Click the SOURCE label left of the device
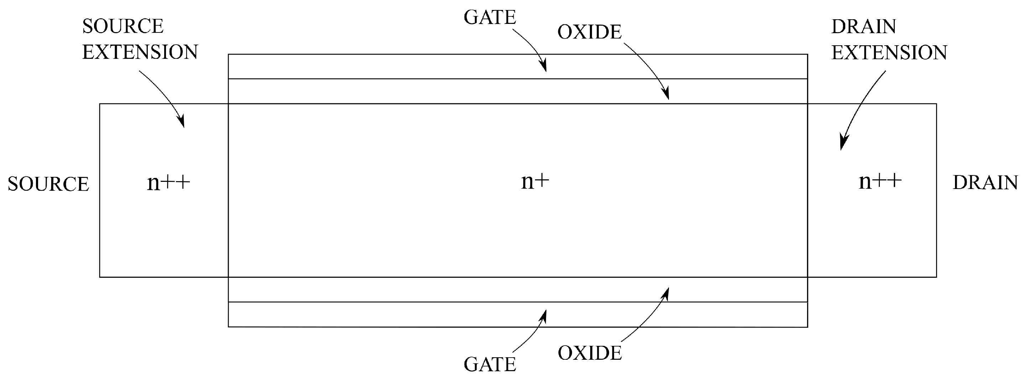[48, 184]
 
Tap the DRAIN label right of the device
[985, 183]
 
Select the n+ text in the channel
[535, 182]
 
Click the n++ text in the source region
[168, 183]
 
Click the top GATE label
[490, 17]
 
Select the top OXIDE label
[590, 32]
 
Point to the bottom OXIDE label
[590, 353]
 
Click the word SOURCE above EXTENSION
[123, 26]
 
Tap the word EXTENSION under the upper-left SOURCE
[140, 52]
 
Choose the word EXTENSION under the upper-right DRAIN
[889, 52]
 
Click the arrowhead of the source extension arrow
[182, 123]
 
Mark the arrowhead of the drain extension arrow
[842, 145]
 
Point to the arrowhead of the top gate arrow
[544, 69]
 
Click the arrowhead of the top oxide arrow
[667, 96]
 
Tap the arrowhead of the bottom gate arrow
[544, 313]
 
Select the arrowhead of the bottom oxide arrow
[667, 290]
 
